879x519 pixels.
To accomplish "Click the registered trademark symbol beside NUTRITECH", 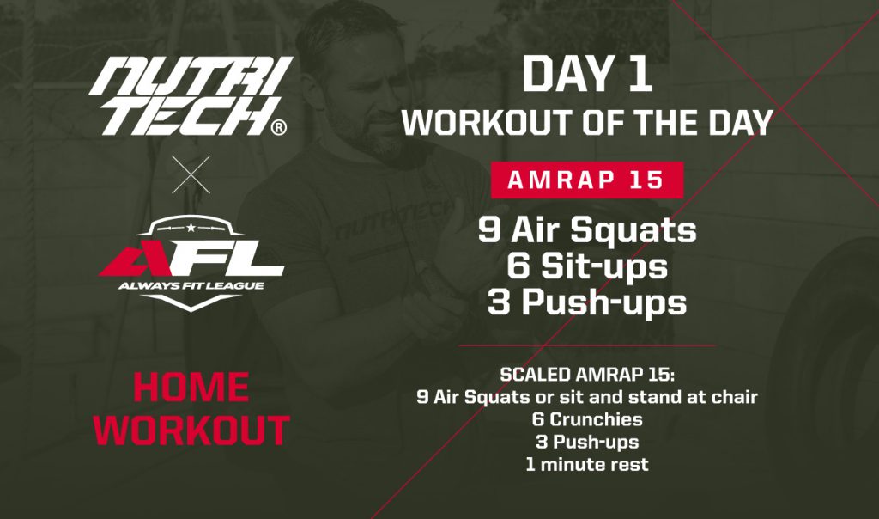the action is [278, 128].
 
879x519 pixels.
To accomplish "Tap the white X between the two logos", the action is [191, 174].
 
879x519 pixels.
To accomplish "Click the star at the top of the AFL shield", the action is [191, 227].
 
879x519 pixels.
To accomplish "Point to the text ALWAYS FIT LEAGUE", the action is [191, 285].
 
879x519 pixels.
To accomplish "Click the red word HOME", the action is [191, 388].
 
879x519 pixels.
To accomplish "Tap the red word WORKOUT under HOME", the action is [191, 430].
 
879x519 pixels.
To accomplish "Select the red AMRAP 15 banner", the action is [587, 180].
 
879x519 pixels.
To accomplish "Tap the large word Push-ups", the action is [604, 303].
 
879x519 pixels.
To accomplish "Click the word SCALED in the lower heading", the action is [535, 375].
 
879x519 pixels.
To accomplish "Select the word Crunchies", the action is [596, 419].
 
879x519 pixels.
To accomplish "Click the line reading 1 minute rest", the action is [587, 465].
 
